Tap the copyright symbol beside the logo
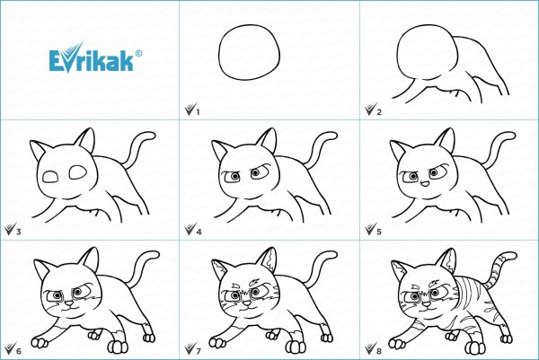pyautogui.click(x=138, y=53)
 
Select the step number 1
pyautogui.click(x=198, y=112)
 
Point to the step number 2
pyautogui.click(x=379, y=112)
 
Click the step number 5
pyautogui.click(x=379, y=232)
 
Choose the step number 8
pyautogui.click(x=379, y=351)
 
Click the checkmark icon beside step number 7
pyautogui.click(x=190, y=348)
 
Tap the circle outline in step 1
pyautogui.click(x=250, y=52)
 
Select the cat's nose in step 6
pyautogui.click(x=69, y=303)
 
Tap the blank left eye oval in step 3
pyautogui.click(x=50, y=177)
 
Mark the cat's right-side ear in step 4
pyautogui.click(x=268, y=140)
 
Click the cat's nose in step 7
pyautogui.click(x=248, y=303)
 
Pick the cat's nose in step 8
pyautogui.click(x=426, y=304)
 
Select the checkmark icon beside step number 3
pyautogui.click(x=10, y=228)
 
